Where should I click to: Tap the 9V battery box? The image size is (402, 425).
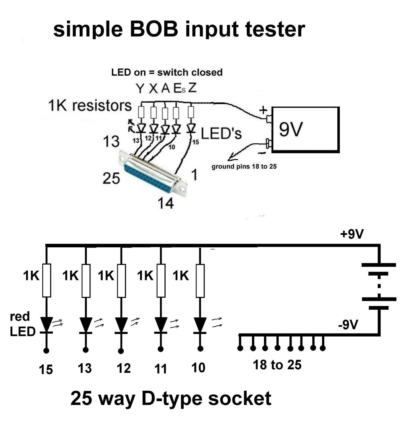click(305, 130)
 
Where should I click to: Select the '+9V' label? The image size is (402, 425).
click(352, 234)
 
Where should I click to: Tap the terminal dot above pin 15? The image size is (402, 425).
click(46, 351)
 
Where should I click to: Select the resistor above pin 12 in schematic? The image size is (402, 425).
click(122, 281)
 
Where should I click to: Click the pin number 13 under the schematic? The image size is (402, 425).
click(85, 368)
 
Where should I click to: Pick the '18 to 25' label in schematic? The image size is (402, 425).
click(277, 365)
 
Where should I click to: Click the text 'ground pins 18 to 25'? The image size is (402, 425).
click(244, 167)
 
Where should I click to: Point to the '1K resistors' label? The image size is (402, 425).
click(90, 105)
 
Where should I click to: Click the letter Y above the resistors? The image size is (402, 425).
click(140, 89)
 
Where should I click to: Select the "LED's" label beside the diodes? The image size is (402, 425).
click(221, 134)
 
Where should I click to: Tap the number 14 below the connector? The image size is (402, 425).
click(166, 203)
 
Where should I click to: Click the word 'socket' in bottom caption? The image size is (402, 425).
click(239, 398)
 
